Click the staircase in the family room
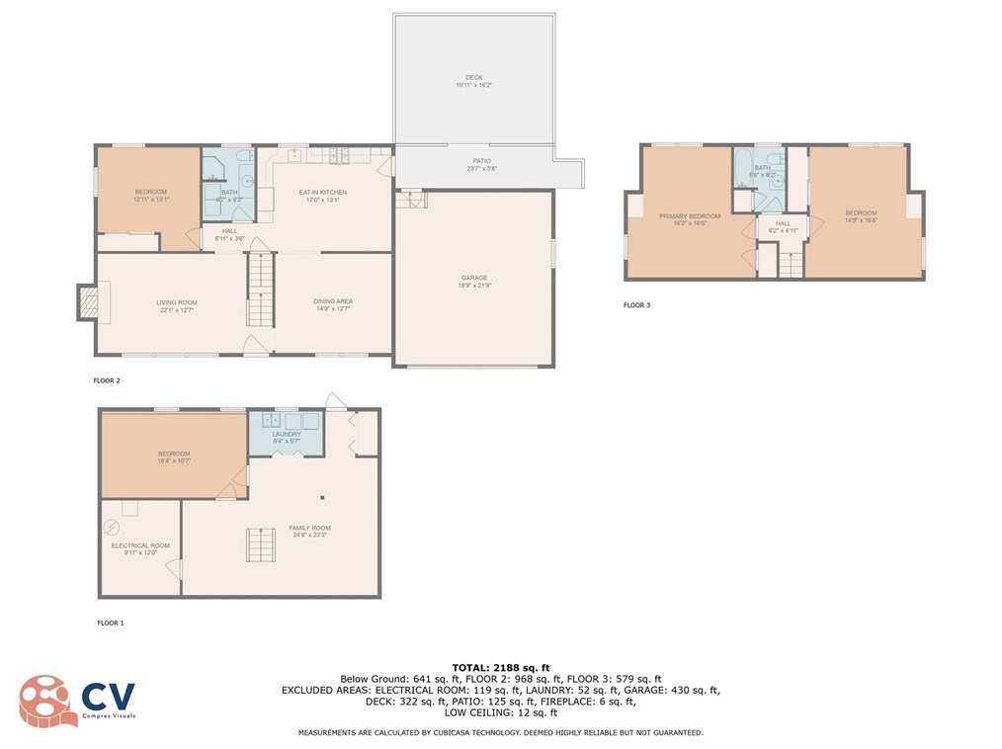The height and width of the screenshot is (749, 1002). coord(260,545)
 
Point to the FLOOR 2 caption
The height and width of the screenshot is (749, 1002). coord(107,379)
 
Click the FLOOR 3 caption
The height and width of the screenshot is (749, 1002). coord(636,305)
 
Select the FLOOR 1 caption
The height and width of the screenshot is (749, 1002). coord(110,623)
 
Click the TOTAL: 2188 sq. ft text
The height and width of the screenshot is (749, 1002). coord(500,667)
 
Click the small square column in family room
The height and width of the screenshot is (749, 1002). coord(322,497)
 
